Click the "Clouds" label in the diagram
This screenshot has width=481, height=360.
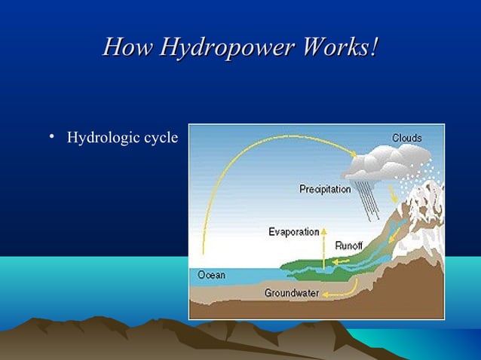point(406,138)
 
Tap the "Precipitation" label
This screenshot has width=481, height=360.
point(325,189)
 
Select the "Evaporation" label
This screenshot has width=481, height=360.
point(293,232)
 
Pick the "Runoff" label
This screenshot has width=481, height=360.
point(349,246)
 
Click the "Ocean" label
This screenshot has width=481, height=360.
point(211,275)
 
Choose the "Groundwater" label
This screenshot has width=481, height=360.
point(291,293)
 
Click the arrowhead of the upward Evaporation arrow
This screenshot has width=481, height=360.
point(324,230)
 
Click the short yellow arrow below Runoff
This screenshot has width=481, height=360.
point(341,261)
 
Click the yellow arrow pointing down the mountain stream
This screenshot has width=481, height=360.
point(393,196)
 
